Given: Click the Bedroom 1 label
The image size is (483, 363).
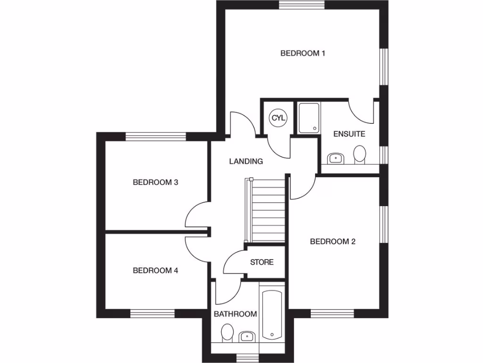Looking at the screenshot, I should pyautogui.click(x=302, y=53).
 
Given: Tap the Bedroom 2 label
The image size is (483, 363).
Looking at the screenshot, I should pyautogui.click(x=332, y=242).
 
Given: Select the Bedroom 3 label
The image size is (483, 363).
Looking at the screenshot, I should pyautogui.click(x=155, y=182).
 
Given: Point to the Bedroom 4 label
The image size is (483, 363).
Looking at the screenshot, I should pyautogui.click(x=155, y=271).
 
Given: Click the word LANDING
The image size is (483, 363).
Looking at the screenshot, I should pyautogui.click(x=246, y=161).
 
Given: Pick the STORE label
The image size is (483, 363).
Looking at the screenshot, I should pyautogui.click(x=261, y=262).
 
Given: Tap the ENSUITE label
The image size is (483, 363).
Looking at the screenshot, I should pyautogui.click(x=349, y=134).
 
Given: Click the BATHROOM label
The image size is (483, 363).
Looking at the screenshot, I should pyautogui.click(x=235, y=314).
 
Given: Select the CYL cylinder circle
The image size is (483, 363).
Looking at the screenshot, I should pyautogui.click(x=278, y=118).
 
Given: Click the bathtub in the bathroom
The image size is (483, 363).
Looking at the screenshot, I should pyautogui.click(x=272, y=315).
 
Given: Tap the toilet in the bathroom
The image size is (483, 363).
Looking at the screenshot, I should pyautogui.click(x=227, y=333).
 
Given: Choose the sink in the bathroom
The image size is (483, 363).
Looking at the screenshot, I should pyautogui.click(x=246, y=337).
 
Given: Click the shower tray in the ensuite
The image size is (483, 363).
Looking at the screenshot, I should pyautogui.click(x=309, y=118).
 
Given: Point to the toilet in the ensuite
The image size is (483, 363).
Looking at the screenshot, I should pyautogui.click(x=360, y=155).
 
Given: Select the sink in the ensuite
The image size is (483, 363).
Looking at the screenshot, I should pyautogui.click(x=335, y=158).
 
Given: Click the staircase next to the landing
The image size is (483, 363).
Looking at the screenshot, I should pyautogui.click(x=267, y=210).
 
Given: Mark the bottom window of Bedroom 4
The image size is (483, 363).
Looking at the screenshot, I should pyautogui.click(x=152, y=313).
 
